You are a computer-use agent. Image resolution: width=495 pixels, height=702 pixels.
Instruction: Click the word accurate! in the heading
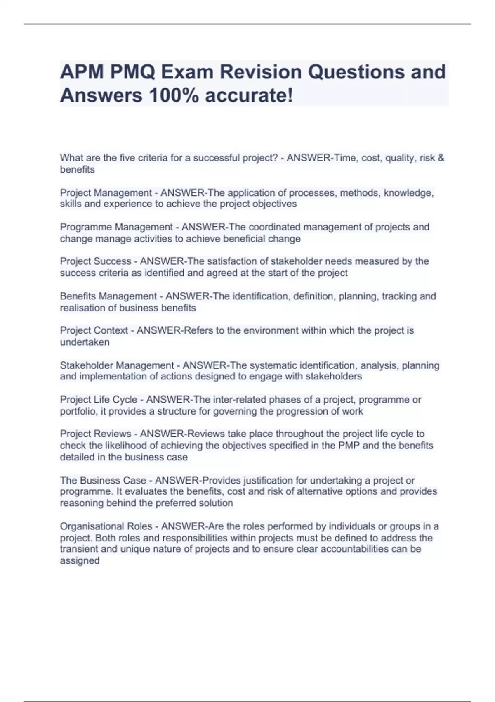tap(249, 95)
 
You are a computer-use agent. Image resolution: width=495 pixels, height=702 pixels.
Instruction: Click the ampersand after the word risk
tap(441, 158)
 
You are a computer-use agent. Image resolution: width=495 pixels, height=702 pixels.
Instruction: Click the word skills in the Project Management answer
tap(71, 204)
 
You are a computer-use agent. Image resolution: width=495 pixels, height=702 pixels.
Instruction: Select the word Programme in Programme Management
tap(86, 227)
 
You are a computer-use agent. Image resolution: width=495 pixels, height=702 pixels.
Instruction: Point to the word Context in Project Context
tap(111, 330)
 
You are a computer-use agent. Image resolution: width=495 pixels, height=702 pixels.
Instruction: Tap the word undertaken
tap(85, 342)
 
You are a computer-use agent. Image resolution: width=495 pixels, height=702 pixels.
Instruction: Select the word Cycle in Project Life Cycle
tap(125, 400)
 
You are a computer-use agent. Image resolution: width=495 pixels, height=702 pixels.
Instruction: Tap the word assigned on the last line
tap(80, 561)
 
